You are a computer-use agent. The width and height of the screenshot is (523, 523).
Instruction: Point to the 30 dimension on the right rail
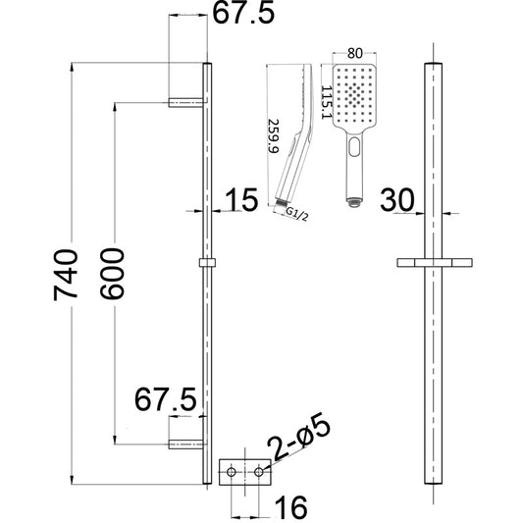pos(396,199)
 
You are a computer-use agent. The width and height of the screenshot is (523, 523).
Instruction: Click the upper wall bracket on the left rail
pos(186,100)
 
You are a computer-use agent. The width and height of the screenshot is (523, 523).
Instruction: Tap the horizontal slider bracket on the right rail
pos(433,264)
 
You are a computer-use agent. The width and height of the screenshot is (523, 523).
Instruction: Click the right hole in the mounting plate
pos(260,473)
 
